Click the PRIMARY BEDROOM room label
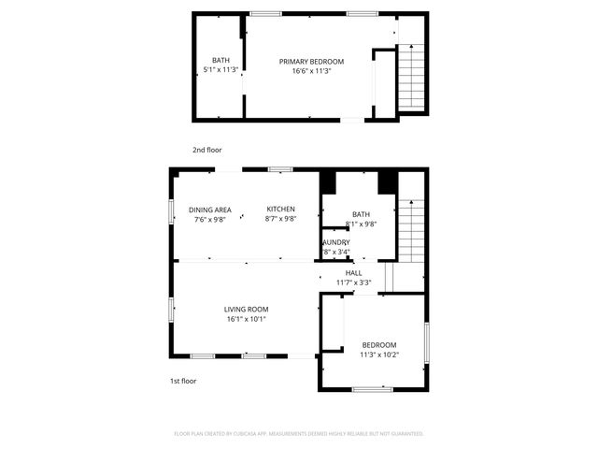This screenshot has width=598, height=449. click(311, 62)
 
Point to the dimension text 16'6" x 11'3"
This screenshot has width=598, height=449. click(311, 71)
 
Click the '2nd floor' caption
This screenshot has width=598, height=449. click(206, 150)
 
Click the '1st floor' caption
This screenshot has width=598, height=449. click(183, 382)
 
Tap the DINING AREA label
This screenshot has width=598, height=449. click(210, 210)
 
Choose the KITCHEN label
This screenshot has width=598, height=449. click(280, 209)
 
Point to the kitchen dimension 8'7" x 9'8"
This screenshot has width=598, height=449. click(280, 219)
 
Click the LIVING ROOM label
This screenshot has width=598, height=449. click(246, 310)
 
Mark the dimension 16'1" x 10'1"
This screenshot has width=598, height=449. click(246, 319)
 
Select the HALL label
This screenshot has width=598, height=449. click(353, 273)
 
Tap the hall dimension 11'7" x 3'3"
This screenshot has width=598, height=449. click(353, 282)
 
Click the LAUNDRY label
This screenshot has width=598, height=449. click(336, 242)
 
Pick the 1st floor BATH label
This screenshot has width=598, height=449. click(361, 214)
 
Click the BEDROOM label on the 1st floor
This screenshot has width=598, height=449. click(378, 345)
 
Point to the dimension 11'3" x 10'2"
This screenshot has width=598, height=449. click(378, 355)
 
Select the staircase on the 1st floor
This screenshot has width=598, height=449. click(411, 230)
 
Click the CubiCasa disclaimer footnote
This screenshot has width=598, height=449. click(299, 434)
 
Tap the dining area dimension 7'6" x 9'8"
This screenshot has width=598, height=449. click(210, 219)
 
